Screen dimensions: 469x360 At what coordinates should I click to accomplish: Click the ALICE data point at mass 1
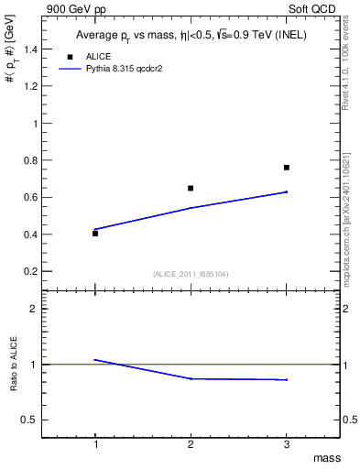tap(95, 234)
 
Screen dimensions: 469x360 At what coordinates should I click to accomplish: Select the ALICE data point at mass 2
tap(191, 188)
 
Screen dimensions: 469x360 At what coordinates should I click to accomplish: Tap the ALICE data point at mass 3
tap(287, 168)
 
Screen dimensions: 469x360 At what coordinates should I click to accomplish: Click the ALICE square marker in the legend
tap(71, 56)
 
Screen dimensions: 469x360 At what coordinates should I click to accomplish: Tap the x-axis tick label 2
tap(191, 444)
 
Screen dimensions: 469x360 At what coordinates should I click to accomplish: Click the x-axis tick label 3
tap(287, 444)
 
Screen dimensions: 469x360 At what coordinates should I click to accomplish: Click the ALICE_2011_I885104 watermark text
tap(191, 274)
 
